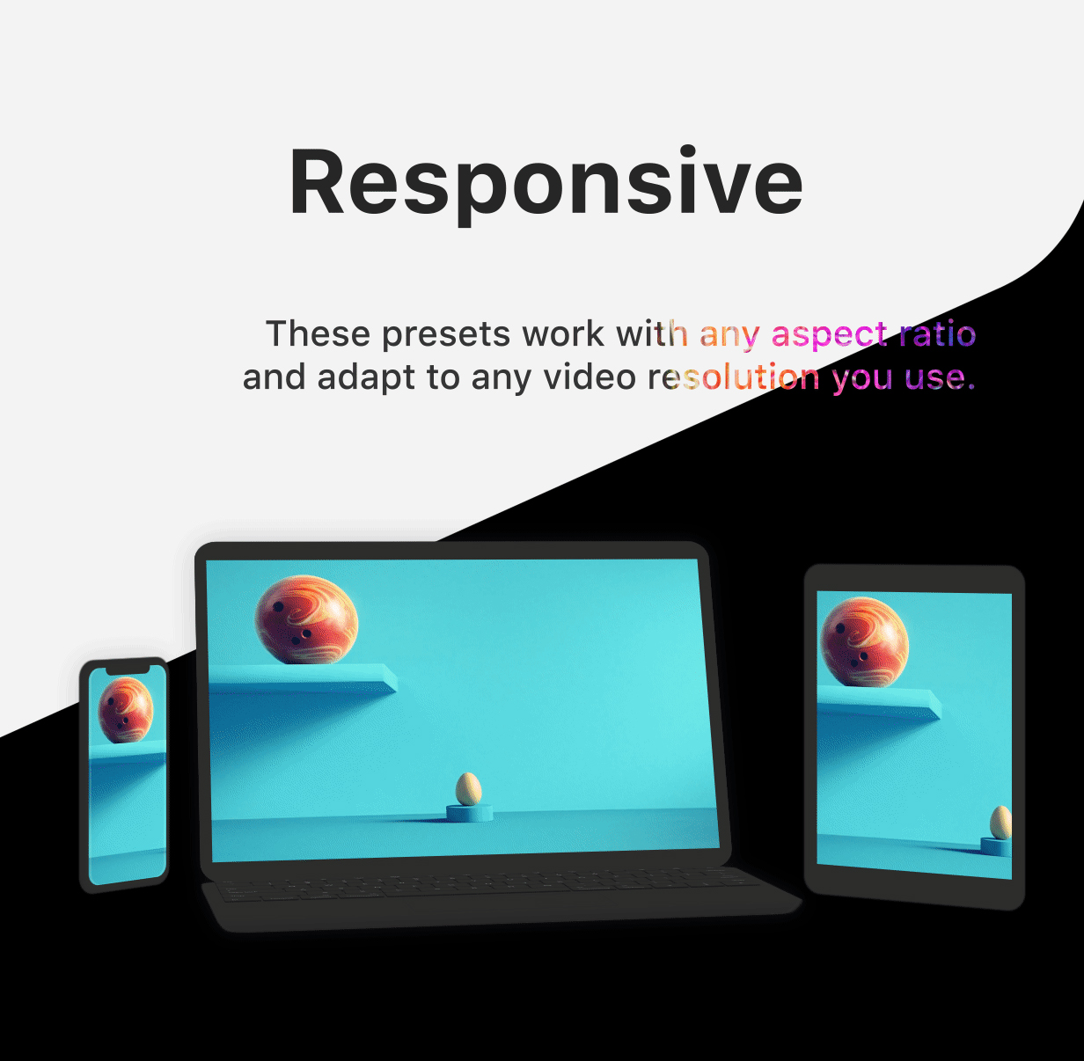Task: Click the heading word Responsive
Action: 546,182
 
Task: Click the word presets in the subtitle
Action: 446,335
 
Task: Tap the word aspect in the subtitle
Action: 829,335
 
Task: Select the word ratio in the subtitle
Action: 937,333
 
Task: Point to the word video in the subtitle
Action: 590,377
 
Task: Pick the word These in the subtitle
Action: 318,333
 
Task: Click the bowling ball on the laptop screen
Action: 306,619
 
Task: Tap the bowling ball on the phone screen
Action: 126,710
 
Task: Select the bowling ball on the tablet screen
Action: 864,642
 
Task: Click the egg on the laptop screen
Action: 468,789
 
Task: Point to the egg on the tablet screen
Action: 1001,823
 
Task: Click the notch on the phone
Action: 128,670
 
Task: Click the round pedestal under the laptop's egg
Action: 469,814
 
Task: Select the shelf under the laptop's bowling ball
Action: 303,678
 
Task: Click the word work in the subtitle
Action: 562,333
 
